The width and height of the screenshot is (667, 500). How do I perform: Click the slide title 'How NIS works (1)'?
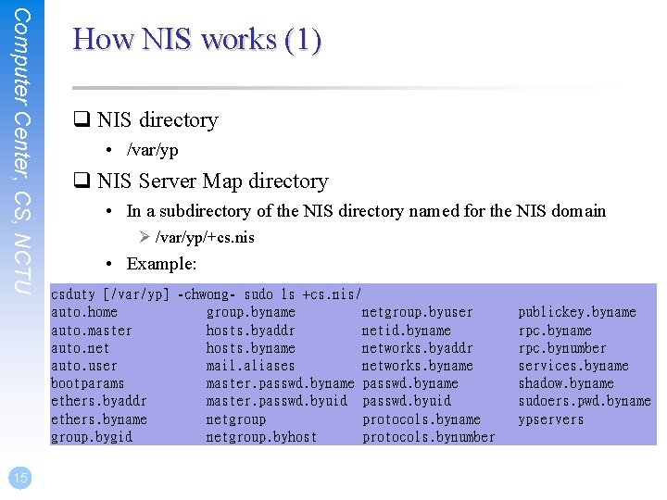196,40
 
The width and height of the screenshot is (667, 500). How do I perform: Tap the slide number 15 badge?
19,477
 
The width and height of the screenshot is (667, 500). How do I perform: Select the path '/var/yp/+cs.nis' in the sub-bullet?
204,237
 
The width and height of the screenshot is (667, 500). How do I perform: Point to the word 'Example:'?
162,264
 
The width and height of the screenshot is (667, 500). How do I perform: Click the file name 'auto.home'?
84,313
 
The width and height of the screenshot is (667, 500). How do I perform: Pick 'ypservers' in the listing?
551,419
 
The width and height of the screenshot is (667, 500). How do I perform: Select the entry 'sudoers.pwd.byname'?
584,401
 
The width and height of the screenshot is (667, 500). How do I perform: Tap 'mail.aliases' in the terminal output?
250,366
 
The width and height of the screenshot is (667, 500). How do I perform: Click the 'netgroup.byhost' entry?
261,437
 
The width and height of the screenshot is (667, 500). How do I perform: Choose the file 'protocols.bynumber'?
428,437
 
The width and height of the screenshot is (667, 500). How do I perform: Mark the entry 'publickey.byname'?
576,313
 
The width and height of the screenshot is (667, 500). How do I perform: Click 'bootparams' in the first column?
87,383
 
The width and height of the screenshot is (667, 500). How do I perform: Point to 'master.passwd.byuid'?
276,401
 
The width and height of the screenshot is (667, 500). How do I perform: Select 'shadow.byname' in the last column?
565,383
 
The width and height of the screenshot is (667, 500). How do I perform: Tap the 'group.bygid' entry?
91,437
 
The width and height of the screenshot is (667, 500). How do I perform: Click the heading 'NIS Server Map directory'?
212,181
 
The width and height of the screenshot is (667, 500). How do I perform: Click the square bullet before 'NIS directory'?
82,120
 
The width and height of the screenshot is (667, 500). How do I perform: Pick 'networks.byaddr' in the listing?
417,348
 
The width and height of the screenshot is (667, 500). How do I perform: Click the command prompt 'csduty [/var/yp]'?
110,294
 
